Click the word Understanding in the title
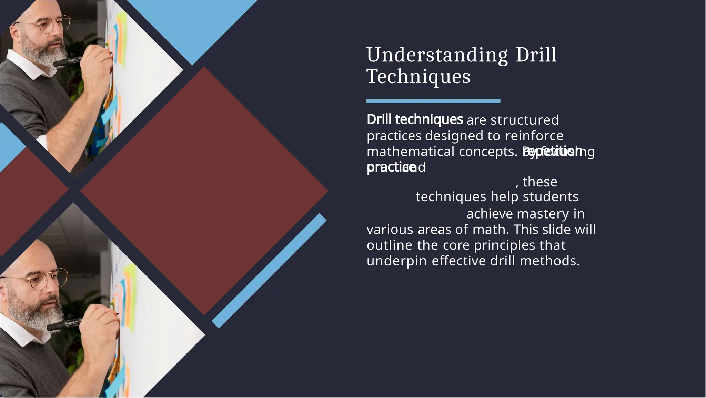pyautogui.click(x=437, y=55)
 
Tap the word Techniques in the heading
pyautogui.click(x=418, y=77)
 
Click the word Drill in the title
pyautogui.click(x=536, y=55)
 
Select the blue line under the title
pyautogui.click(x=433, y=101)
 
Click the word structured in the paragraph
pyautogui.click(x=524, y=120)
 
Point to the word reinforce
pyautogui.click(x=534, y=136)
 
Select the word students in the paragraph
pyautogui.click(x=551, y=197)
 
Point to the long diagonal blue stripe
pyautogui.click(x=269, y=271)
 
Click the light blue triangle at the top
pyautogui.click(x=193, y=28)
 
